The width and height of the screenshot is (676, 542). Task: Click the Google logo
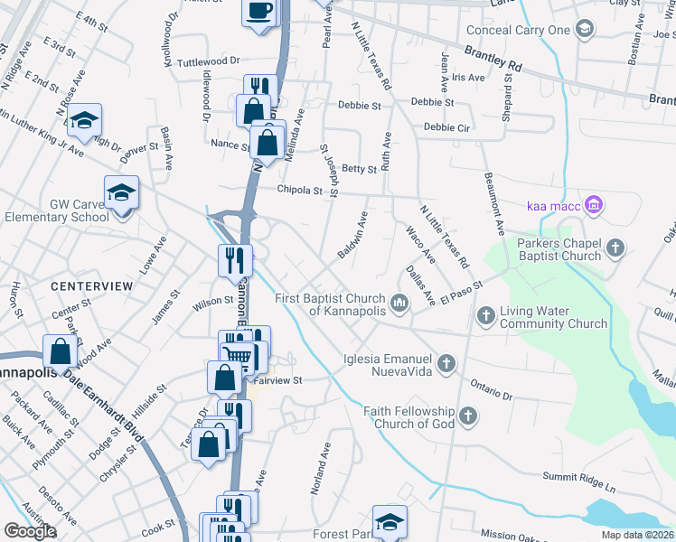(30, 531)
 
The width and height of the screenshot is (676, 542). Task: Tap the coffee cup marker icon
(259, 11)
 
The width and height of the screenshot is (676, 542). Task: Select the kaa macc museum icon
(593, 206)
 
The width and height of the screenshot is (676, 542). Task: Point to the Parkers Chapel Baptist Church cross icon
(615, 248)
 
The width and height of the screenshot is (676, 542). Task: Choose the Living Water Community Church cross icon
(486, 315)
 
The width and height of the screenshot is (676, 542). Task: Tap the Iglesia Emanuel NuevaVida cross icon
(445, 364)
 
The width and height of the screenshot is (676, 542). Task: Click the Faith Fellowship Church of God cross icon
(467, 416)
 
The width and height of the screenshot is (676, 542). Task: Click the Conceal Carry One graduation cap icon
(584, 30)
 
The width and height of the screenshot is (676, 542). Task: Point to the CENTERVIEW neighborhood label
(91, 285)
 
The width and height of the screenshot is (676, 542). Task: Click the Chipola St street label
(300, 191)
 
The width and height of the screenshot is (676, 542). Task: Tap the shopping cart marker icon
(237, 352)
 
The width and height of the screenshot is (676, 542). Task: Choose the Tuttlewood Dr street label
(209, 61)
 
